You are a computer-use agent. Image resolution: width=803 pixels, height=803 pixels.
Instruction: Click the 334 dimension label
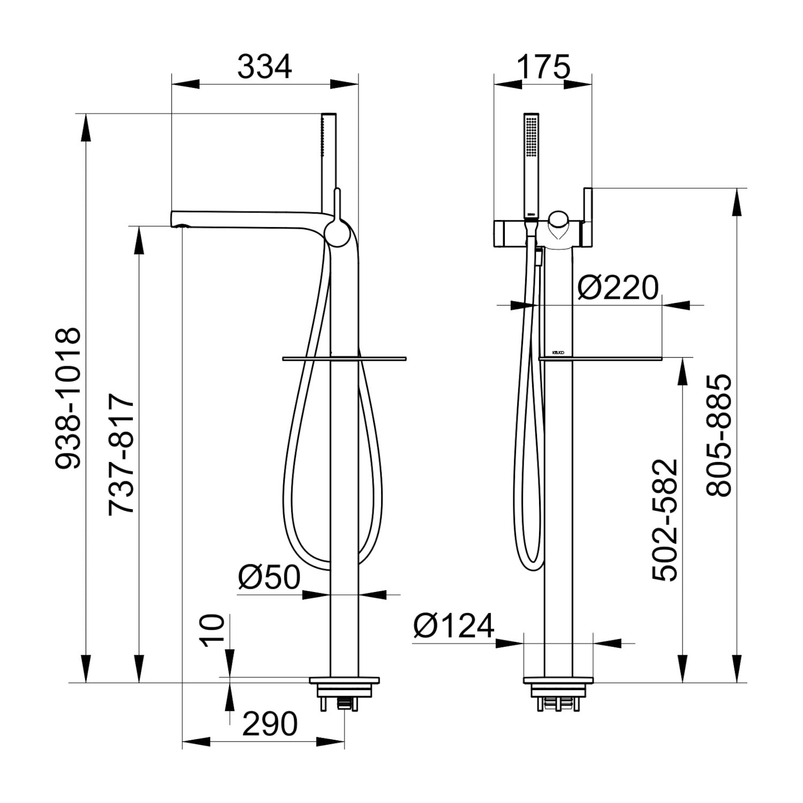pyautogui.click(x=265, y=67)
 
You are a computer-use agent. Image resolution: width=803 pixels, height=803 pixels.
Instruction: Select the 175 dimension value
pyautogui.click(x=543, y=67)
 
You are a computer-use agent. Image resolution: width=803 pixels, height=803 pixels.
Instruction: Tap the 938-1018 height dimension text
pyautogui.click(x=69, y=399)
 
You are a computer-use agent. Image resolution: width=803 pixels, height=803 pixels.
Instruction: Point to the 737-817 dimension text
pyautogui.click(x=121, y=454)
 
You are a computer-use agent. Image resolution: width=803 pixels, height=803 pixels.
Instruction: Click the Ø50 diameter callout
pyautogui.click(x=269, y=577)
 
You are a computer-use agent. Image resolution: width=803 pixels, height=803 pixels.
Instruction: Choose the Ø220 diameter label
pyautogui.click(x=618, y=288)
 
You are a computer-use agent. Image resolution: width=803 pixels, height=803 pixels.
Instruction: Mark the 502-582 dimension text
pyautogui.click(x=665, y=520)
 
